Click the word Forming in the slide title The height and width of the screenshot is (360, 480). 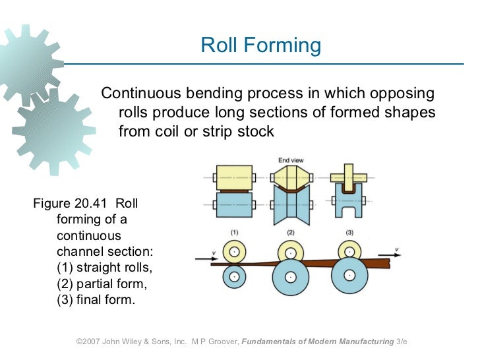[x=289, y=45]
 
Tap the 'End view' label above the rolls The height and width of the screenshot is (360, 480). [x=290, y=160]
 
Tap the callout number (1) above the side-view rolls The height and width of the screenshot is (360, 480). [x=233, y=233]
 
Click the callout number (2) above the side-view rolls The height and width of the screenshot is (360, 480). [x=291, y=233]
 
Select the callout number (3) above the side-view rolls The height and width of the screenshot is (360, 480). [x=349, y=233]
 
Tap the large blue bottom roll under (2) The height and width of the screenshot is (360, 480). [x=291, y=278]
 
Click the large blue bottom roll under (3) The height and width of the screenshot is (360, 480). [x=349, y=275]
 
